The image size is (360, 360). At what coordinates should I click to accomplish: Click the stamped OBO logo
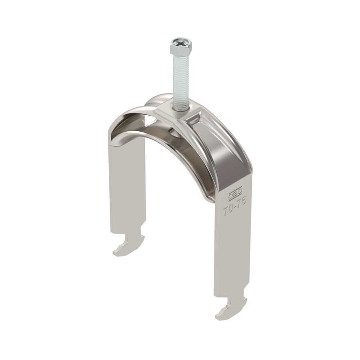234,194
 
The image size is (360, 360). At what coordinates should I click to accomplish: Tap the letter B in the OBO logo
234,194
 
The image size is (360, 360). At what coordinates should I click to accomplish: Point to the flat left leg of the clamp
126,188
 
